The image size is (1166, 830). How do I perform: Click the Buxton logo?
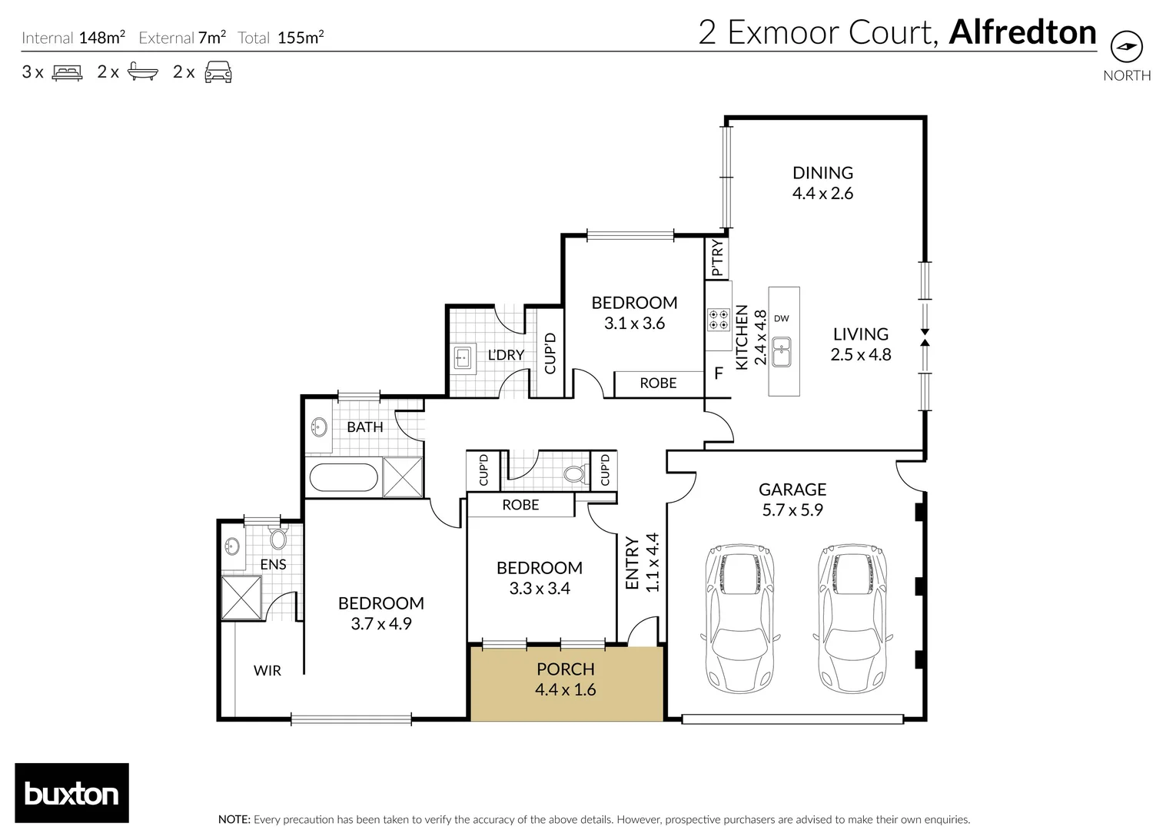coord(71,793)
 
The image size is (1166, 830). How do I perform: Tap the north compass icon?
coord(1127,48)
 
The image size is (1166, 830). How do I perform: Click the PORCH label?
coord(565,669)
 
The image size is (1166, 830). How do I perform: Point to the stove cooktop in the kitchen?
coord(719,319)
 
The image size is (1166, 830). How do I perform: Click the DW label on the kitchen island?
coord(781,318)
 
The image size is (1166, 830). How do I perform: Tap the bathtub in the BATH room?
coord(344,478)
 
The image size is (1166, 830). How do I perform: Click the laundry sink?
coord(462,357)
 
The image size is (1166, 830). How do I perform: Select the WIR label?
coord(267,671)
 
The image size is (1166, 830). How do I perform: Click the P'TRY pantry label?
coord(717,258)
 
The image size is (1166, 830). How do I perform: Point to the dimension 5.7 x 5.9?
coord(792,510)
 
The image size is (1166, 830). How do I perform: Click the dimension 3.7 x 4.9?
coord(381,624)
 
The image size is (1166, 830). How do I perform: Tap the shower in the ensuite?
coord(241,597)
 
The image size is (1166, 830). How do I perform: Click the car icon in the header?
coord(218,72)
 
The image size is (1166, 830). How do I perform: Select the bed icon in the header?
coord(67,72)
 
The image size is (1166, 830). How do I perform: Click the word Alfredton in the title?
coord(1022,32)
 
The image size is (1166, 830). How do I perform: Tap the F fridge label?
coord(719,374)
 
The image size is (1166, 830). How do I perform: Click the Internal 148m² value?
coord(101,38)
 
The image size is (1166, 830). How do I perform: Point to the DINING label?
coord(822,173)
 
